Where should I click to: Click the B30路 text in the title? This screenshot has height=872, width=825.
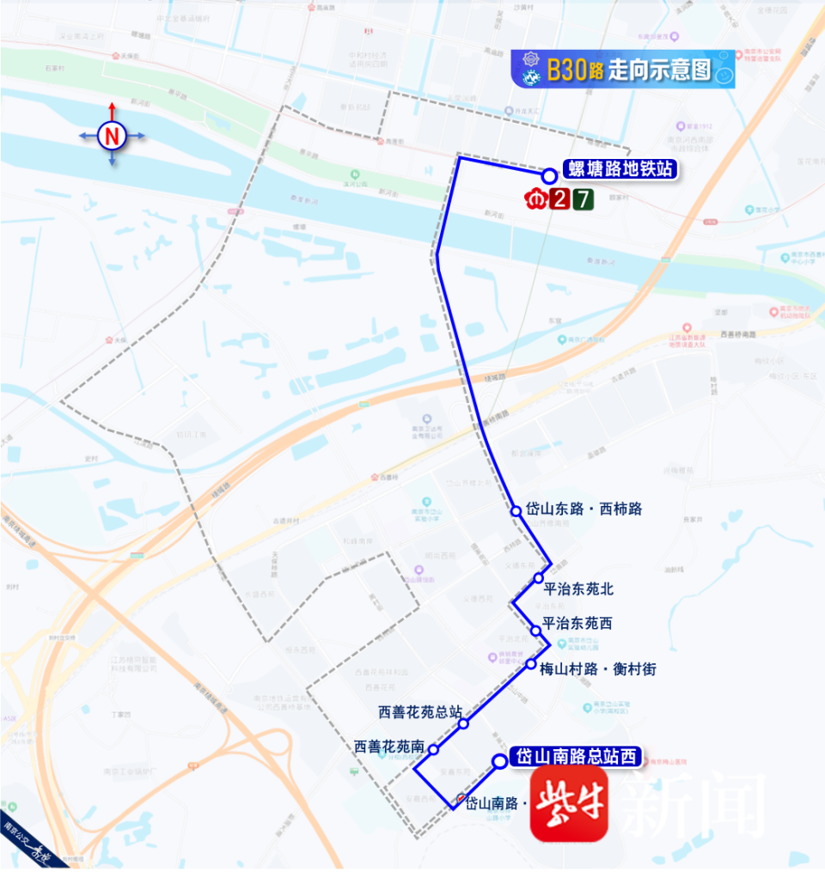tap(575, 70)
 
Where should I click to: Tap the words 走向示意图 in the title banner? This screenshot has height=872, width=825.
tap(659, 70)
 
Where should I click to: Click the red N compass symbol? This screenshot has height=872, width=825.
tap(112, 136)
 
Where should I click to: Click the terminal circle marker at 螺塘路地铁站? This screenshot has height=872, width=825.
tap(549, 175)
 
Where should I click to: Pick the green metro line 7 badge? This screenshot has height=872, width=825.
tap(584, 200)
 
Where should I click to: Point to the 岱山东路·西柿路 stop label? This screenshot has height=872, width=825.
tap(584, 509)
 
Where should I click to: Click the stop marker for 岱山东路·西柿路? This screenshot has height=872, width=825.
tap(516, 510)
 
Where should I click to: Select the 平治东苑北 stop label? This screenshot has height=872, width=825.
tap(578, 589)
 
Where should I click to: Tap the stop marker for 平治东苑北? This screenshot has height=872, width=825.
tap(539, 577)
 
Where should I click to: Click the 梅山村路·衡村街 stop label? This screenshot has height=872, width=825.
tap(597, 668)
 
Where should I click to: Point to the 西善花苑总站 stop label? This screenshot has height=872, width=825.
tap(420, 712)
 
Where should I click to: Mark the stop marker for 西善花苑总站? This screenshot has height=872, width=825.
tap(463, 723)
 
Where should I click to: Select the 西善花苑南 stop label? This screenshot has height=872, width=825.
tap(389, 747)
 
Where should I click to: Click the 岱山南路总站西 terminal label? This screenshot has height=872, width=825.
tap(577, 756)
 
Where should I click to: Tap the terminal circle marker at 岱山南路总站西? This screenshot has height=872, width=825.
tap(499, 760)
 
